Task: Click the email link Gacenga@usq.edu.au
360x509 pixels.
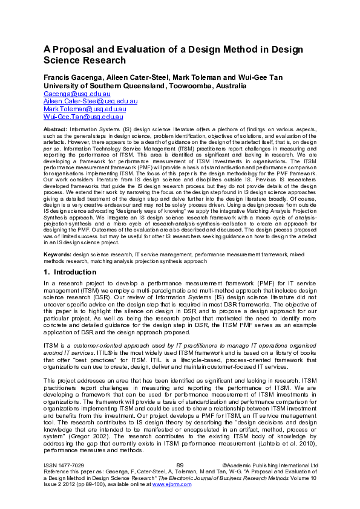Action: [77, 94]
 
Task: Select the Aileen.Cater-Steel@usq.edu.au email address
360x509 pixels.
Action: [91, 102]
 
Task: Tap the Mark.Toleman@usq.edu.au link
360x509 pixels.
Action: [85, 109]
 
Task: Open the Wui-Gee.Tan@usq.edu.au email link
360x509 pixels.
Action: [83, 117]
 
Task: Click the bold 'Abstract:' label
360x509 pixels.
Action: [56, 130]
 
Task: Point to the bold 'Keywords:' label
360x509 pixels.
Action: [58, 256]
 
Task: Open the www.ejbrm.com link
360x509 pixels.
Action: [176, 484]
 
